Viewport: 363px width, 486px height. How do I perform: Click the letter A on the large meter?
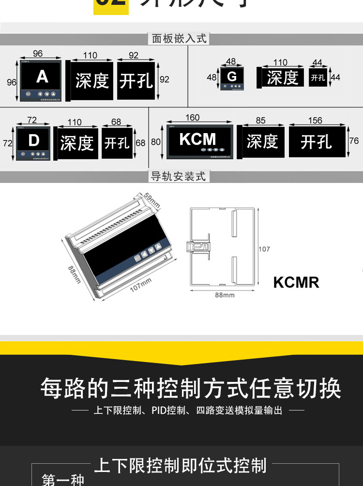click(42, 77)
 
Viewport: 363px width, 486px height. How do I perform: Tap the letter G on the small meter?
click(232, 76)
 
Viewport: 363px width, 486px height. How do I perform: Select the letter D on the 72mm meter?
click(33, 140)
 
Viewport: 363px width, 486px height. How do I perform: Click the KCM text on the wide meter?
click(197, 139)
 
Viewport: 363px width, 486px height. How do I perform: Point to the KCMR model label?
click(296, 282)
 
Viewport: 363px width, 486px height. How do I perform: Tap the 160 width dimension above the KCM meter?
click(192, 118)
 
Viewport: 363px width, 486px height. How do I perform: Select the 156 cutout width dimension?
click(315, 121)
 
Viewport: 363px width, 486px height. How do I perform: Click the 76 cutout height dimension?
click(354, 141)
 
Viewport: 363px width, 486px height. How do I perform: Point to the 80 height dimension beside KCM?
click(155, 142)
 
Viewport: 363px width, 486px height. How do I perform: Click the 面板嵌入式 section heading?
click(179, 39)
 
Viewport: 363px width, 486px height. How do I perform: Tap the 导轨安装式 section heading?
click(179, 177)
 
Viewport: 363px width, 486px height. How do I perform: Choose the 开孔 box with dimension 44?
click(318, 77)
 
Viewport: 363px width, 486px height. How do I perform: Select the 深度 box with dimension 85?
click(262, 141)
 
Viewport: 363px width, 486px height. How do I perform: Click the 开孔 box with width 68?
click(117, 143)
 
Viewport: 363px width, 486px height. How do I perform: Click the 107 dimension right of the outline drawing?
click(264, 249)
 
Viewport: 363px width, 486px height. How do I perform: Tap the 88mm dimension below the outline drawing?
click(225, 295)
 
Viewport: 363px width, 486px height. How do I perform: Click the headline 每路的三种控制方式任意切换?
click(191, 388)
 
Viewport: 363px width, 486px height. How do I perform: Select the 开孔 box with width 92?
click(136, 81)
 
